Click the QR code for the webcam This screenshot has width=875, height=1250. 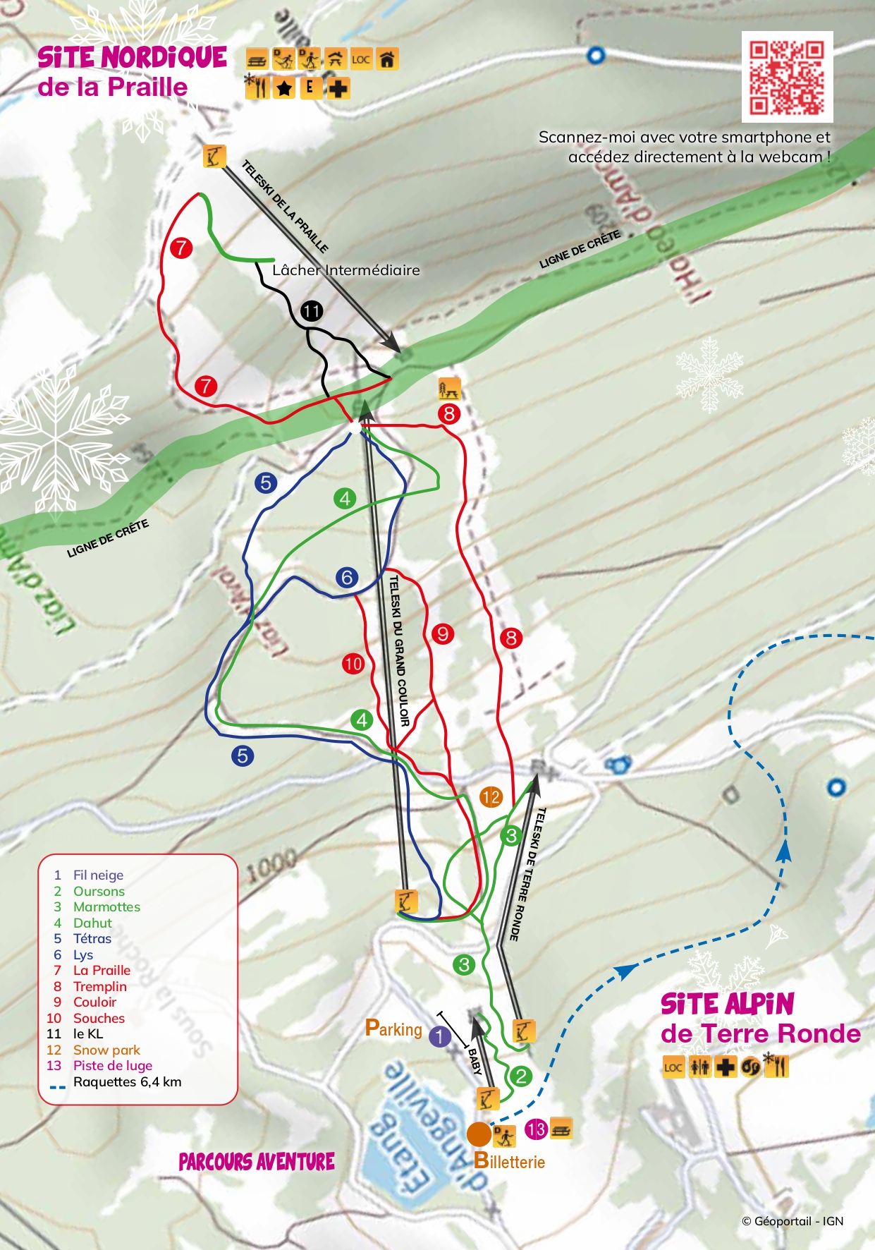pos(787,77)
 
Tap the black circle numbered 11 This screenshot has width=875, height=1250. pos(311,310)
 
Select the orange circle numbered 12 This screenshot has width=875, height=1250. pos(491,797)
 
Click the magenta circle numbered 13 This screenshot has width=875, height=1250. pos(536,1129)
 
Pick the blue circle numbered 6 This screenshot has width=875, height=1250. pos(347,577)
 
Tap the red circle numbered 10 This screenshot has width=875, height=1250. pos(353,663)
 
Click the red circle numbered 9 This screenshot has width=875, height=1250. pos(443,633)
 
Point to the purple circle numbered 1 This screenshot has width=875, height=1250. pos(440,1036)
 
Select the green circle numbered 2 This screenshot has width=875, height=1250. pos(521,1076)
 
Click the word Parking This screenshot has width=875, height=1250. pos(393,1029)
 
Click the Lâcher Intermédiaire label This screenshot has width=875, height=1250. pos(345,269)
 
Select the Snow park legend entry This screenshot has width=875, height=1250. pos(106,1050)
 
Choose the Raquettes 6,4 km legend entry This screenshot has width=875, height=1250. pos(127,1082)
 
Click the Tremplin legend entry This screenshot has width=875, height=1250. pos(99,986)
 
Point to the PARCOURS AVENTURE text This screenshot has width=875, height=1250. pos(257,1162)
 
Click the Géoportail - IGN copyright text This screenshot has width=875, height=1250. pos(792,1221)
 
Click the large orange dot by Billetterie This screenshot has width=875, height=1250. pos(479,1134)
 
